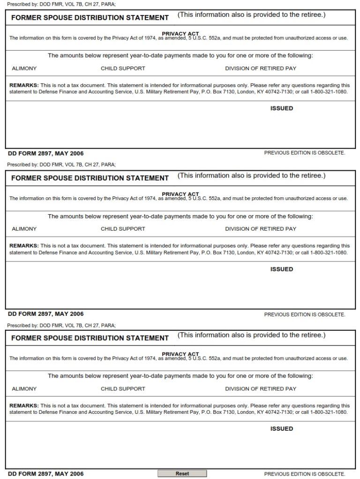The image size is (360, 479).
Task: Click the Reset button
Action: pyautogui.click(x=182, y=473)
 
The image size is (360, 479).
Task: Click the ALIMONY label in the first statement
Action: pyautogui.click(x=24, y=68)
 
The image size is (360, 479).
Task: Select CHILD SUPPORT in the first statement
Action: pyautogui.click(x=123, y=68)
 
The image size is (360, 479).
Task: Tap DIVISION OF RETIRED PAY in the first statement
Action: pyautogui.click(x=261, y=68)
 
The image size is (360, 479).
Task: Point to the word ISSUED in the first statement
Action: pyautogui.click(x=282, y=108)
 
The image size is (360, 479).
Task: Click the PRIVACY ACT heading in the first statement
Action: pyautogui.click(x=180, y=34)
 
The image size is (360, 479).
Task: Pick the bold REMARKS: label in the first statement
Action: pyautogui.click(x=24, y=85)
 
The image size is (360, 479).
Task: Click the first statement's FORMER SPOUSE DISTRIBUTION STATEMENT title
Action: pyautogui.click(x=90, y=18)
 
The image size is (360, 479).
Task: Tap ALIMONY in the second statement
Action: pyautogui.click(x=24, y=229)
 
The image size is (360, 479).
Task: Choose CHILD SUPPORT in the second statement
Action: pyautogui.click(x=123, y=229)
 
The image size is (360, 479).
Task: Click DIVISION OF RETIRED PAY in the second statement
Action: pyautogui.click(x=261, y=229)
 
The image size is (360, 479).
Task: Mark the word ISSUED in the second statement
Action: pyautogui.click(x=282, y=269)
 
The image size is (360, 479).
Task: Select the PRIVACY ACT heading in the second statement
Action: pyautogui.click(x=180, y=194)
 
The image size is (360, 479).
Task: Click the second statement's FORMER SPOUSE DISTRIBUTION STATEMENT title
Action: pyautogui.click(x=90, y=178)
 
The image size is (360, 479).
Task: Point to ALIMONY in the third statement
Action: pyautogui.click(x=24, y=389)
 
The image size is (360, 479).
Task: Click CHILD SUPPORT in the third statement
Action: pyautogui.click(x=123, y=389)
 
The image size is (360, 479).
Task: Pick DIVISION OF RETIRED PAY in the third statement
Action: pyautogui.click(x=261, y=389)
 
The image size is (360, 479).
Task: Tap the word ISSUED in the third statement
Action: pyautogui.click(x=282, y=428)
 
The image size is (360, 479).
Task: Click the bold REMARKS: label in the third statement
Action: pyautogui.click(x=24, y=405)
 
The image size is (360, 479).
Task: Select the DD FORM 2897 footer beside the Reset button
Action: pyautogui.click(x=46, y=474)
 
